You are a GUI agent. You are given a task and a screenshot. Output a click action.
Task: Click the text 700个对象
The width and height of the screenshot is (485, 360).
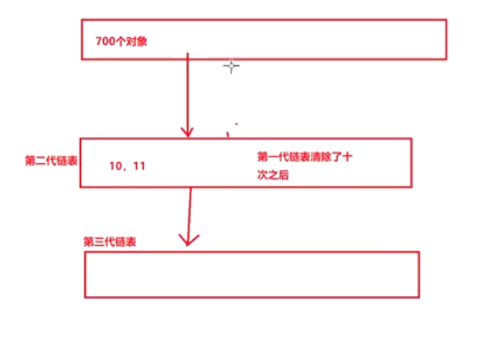(x=121, y=41)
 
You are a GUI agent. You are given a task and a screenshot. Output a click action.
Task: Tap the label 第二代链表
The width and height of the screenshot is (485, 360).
(x=51, y=161)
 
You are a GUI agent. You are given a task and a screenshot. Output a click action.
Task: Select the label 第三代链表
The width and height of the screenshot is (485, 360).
(x=110, y=241)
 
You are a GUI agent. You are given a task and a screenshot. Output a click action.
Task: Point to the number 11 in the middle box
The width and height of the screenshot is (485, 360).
(x=138, y=166)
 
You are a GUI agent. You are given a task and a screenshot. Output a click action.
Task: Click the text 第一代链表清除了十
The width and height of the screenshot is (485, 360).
(x=304, y=156)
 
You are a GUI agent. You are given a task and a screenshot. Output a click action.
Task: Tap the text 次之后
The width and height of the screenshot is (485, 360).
(x=273, y=176)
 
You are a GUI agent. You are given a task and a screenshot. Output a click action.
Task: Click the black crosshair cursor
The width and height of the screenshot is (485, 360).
(x=231, y=67)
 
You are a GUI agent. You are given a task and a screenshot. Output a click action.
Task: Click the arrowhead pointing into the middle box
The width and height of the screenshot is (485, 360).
(x=187, y=131)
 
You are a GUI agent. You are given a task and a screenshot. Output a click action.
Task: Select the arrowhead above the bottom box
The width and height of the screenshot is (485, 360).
(x=187, y=239)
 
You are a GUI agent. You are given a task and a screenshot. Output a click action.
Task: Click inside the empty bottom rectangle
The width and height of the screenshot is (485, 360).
(x=251, y=274)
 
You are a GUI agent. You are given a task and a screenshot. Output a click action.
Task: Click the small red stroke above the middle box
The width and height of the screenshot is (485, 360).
(x=227, y=132)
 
